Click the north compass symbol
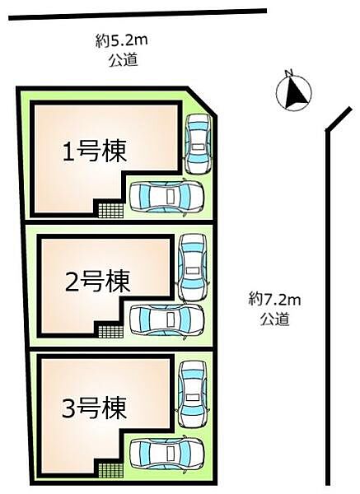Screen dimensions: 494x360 294,92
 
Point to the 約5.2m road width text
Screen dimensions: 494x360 115,39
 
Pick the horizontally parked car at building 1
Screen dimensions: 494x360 167,196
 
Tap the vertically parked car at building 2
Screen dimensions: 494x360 192,267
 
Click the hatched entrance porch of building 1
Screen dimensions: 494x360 110,209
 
